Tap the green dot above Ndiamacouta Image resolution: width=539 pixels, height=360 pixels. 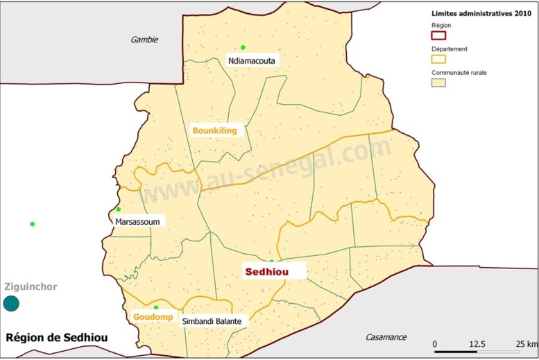[243, 47]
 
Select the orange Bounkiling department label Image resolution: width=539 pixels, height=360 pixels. [215, 130]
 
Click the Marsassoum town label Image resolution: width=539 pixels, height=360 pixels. [137, 222]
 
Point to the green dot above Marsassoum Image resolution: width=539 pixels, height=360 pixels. [119, 209]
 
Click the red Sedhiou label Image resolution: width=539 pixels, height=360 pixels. [266, 272]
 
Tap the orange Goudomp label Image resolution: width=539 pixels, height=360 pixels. [149, 318]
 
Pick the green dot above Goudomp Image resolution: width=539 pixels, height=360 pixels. [156, 307]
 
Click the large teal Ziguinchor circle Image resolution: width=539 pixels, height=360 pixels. [11, 303]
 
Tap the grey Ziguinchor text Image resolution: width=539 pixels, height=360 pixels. [29, 286]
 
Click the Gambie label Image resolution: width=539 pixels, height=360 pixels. [144, 40]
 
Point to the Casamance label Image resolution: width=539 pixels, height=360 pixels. [386, 337]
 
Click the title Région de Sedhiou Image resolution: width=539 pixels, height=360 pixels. [57, 338]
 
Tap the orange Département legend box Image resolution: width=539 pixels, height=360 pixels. [438, 59]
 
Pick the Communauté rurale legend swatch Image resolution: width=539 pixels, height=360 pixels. [438, 83]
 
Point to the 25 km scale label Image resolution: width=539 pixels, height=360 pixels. [527, 344]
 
